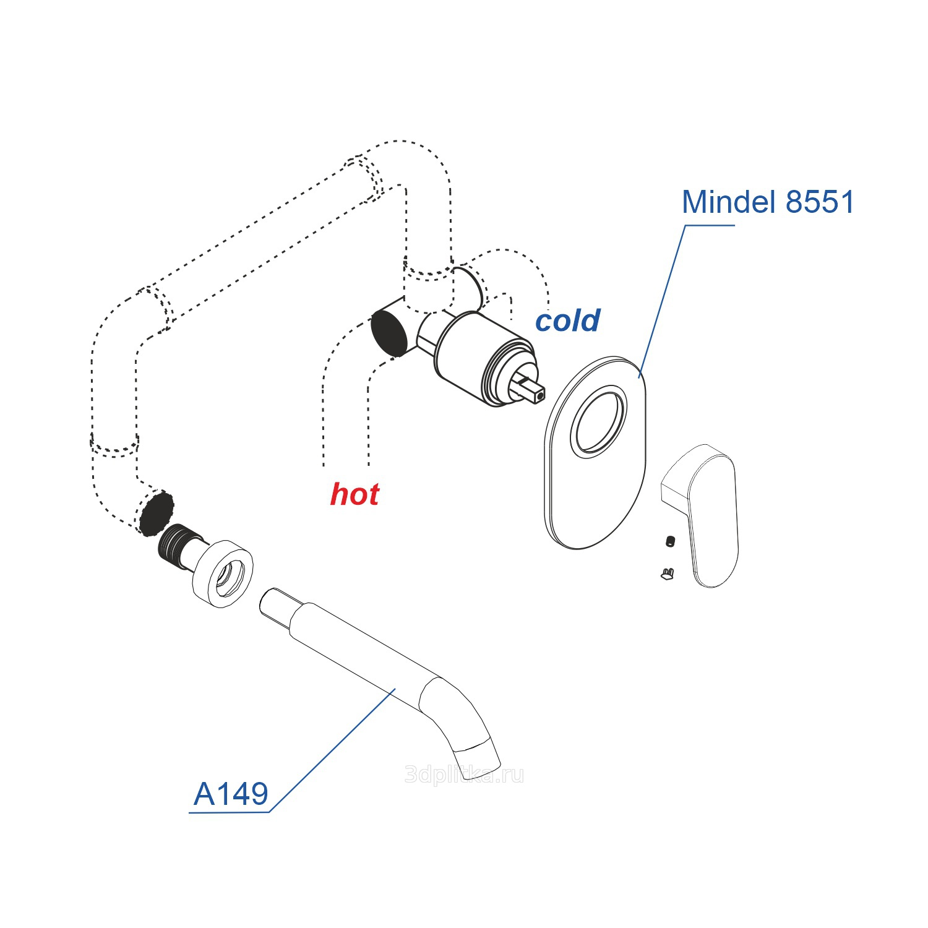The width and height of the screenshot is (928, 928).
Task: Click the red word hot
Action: [354, 494]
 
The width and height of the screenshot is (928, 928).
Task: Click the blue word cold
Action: [567, 320]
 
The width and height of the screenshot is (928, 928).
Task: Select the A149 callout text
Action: [231, 794]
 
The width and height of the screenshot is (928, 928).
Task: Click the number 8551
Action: [820, 202]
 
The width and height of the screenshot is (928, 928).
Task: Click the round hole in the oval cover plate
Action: [598, 422]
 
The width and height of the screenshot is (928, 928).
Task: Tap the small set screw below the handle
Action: [671, 541]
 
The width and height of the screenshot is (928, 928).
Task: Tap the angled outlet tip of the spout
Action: [478, 755]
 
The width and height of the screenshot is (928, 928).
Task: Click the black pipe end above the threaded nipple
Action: [156, 513]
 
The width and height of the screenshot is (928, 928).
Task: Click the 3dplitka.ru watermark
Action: [464, 775]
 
